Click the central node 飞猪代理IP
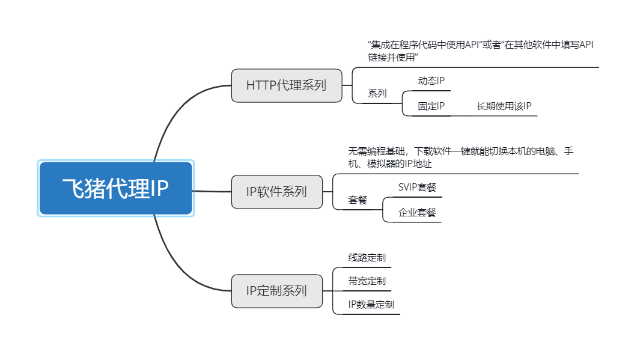[115, 188]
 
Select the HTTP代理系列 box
[286, 85]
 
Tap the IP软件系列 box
[276, 192]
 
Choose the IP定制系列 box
[276, 291]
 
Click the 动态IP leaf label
[431, 81]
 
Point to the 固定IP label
[431, 106]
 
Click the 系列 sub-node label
[377, 94]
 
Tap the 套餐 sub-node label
[358, 200]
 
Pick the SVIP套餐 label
[417, 187]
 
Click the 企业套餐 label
[417, 213]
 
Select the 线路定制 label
[367, 258]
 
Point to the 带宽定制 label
[367, 281]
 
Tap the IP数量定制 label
[371, 305]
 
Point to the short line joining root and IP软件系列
[212, 191]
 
